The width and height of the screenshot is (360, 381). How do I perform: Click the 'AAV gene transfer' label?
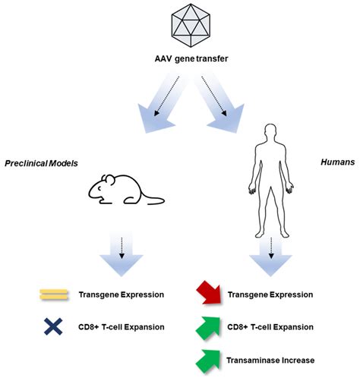pyautogui.click(x=191, y=59)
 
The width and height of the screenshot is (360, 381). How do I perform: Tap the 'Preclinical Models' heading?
pyautogui.click(x=41, y=163)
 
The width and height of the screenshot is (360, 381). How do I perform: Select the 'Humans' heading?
pyautogui.click(x=338, y=162)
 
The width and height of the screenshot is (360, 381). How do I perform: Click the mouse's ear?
pyautogui.click(x=109, y=179)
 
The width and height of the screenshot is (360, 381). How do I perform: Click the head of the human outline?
pyautogui.click(x=270, y=132)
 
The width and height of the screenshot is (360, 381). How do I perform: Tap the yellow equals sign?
pyautogui.click(x=54, y=294)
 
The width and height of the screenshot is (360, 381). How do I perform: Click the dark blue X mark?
pyautogui.click(x=53, y=326)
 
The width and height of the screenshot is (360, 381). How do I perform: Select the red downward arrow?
pyautogui.click(x=209, y=294)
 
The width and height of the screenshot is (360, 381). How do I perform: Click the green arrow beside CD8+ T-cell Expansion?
pyautogui.click(x=208, y=328)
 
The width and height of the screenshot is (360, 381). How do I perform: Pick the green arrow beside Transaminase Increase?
pyautogui.click(x=208, y=361)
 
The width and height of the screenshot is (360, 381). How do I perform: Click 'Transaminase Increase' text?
pyautogui.click(x=270, y=361)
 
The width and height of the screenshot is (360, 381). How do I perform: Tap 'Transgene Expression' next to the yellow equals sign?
pyautogui.click(x=122, y=294)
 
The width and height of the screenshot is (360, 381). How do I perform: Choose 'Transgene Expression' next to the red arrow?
pyautogui.click(x=270, y=294)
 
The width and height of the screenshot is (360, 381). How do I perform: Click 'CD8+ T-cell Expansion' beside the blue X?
pyautogui.click(x=122, y=327)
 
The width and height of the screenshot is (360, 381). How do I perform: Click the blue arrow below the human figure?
pyautogui.click(x=270, y=256)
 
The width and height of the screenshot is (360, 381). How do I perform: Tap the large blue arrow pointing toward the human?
pyautogui.click(x=219, y=103)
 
